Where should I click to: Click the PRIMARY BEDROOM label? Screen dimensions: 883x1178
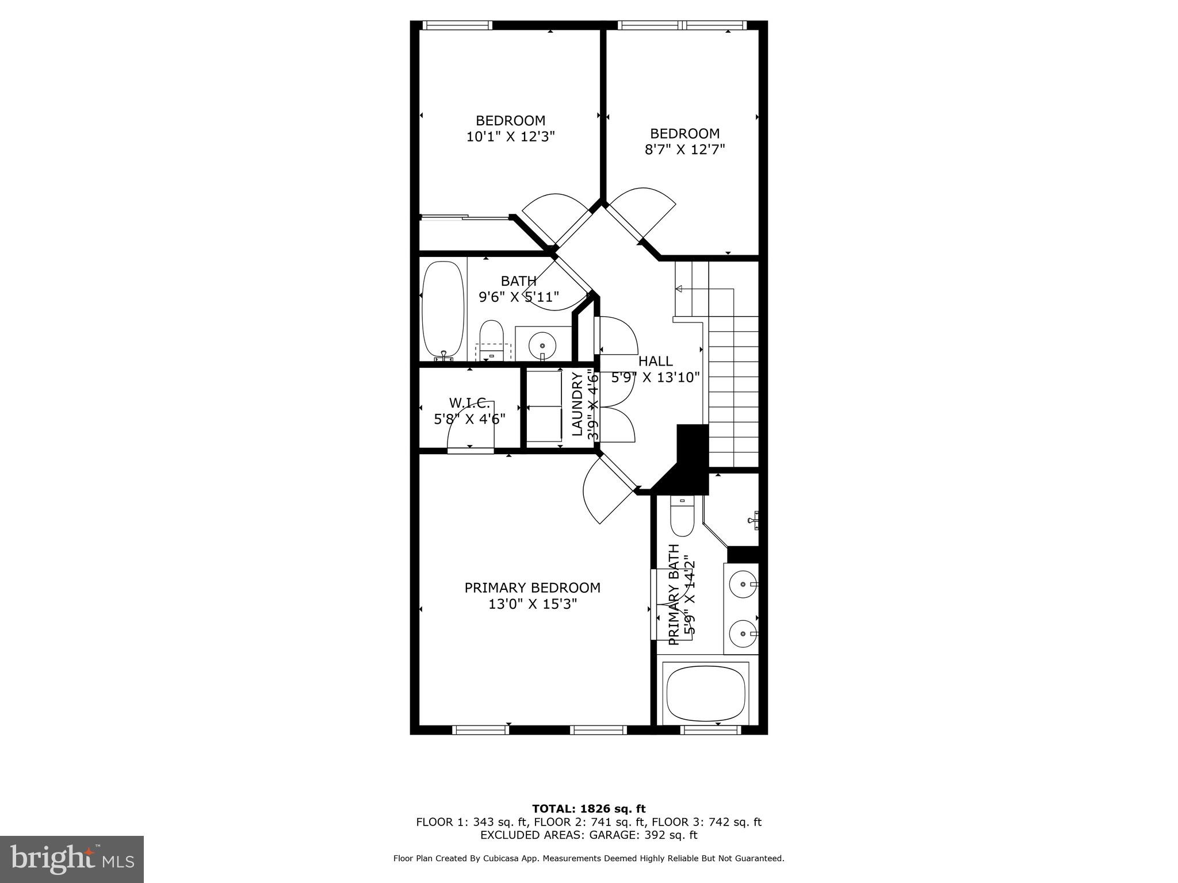tap(532, 588)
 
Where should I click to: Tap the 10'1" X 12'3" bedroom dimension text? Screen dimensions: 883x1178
tap(510, 137)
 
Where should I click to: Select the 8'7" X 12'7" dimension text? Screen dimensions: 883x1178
tap(684, 149)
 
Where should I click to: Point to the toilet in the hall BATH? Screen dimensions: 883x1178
tap(492, 339)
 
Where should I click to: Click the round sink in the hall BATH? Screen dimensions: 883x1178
tap(542, 345)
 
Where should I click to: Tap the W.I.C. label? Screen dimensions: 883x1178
tap(469, 402)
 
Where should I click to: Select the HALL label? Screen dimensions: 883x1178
tap(655, 361)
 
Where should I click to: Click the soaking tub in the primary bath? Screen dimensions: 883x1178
tap(706, 694)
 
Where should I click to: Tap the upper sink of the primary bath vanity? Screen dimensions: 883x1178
tap(743, 585)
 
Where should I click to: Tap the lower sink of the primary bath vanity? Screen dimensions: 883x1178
tap(743, 634)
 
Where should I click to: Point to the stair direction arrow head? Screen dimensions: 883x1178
tap(678, 289)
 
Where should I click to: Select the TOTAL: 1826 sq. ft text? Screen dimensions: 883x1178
tap(588, 809)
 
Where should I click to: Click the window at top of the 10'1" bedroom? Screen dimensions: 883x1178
tap(457, 25)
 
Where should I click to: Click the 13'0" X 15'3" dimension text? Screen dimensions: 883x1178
tap(532, 604)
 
